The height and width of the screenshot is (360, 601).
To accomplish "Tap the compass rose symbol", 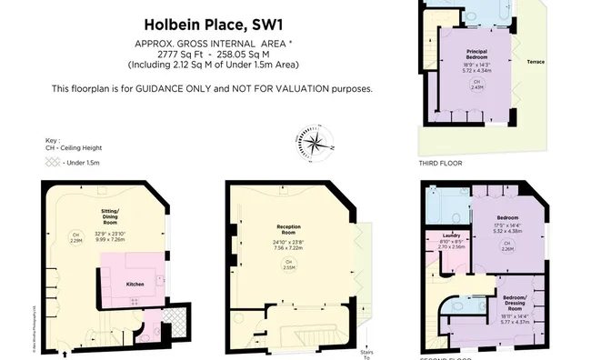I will [x=315, y=142].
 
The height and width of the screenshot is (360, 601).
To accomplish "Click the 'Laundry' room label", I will [x=452, y=235].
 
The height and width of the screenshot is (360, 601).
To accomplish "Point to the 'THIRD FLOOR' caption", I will [x=440, y=164].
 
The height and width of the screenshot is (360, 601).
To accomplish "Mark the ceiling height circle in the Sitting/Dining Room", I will [x=76, y=237].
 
